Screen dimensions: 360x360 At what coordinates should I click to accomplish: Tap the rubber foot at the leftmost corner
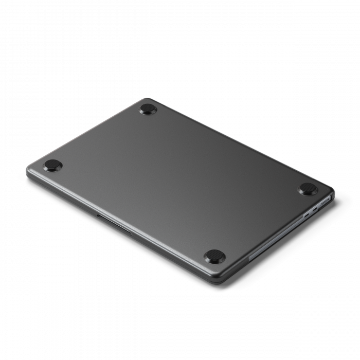53,165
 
